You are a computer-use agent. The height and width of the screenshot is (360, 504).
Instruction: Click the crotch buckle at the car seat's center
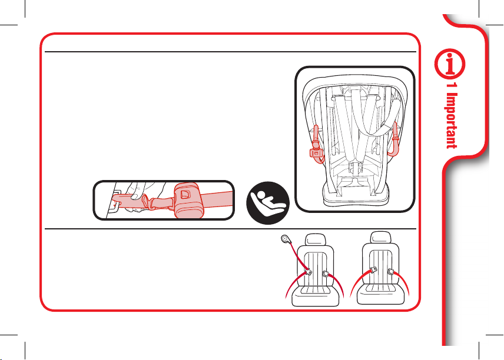354,171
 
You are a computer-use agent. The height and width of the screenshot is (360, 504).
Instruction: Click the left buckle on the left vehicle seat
307,272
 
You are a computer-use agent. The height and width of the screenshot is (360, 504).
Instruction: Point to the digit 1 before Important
451,90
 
